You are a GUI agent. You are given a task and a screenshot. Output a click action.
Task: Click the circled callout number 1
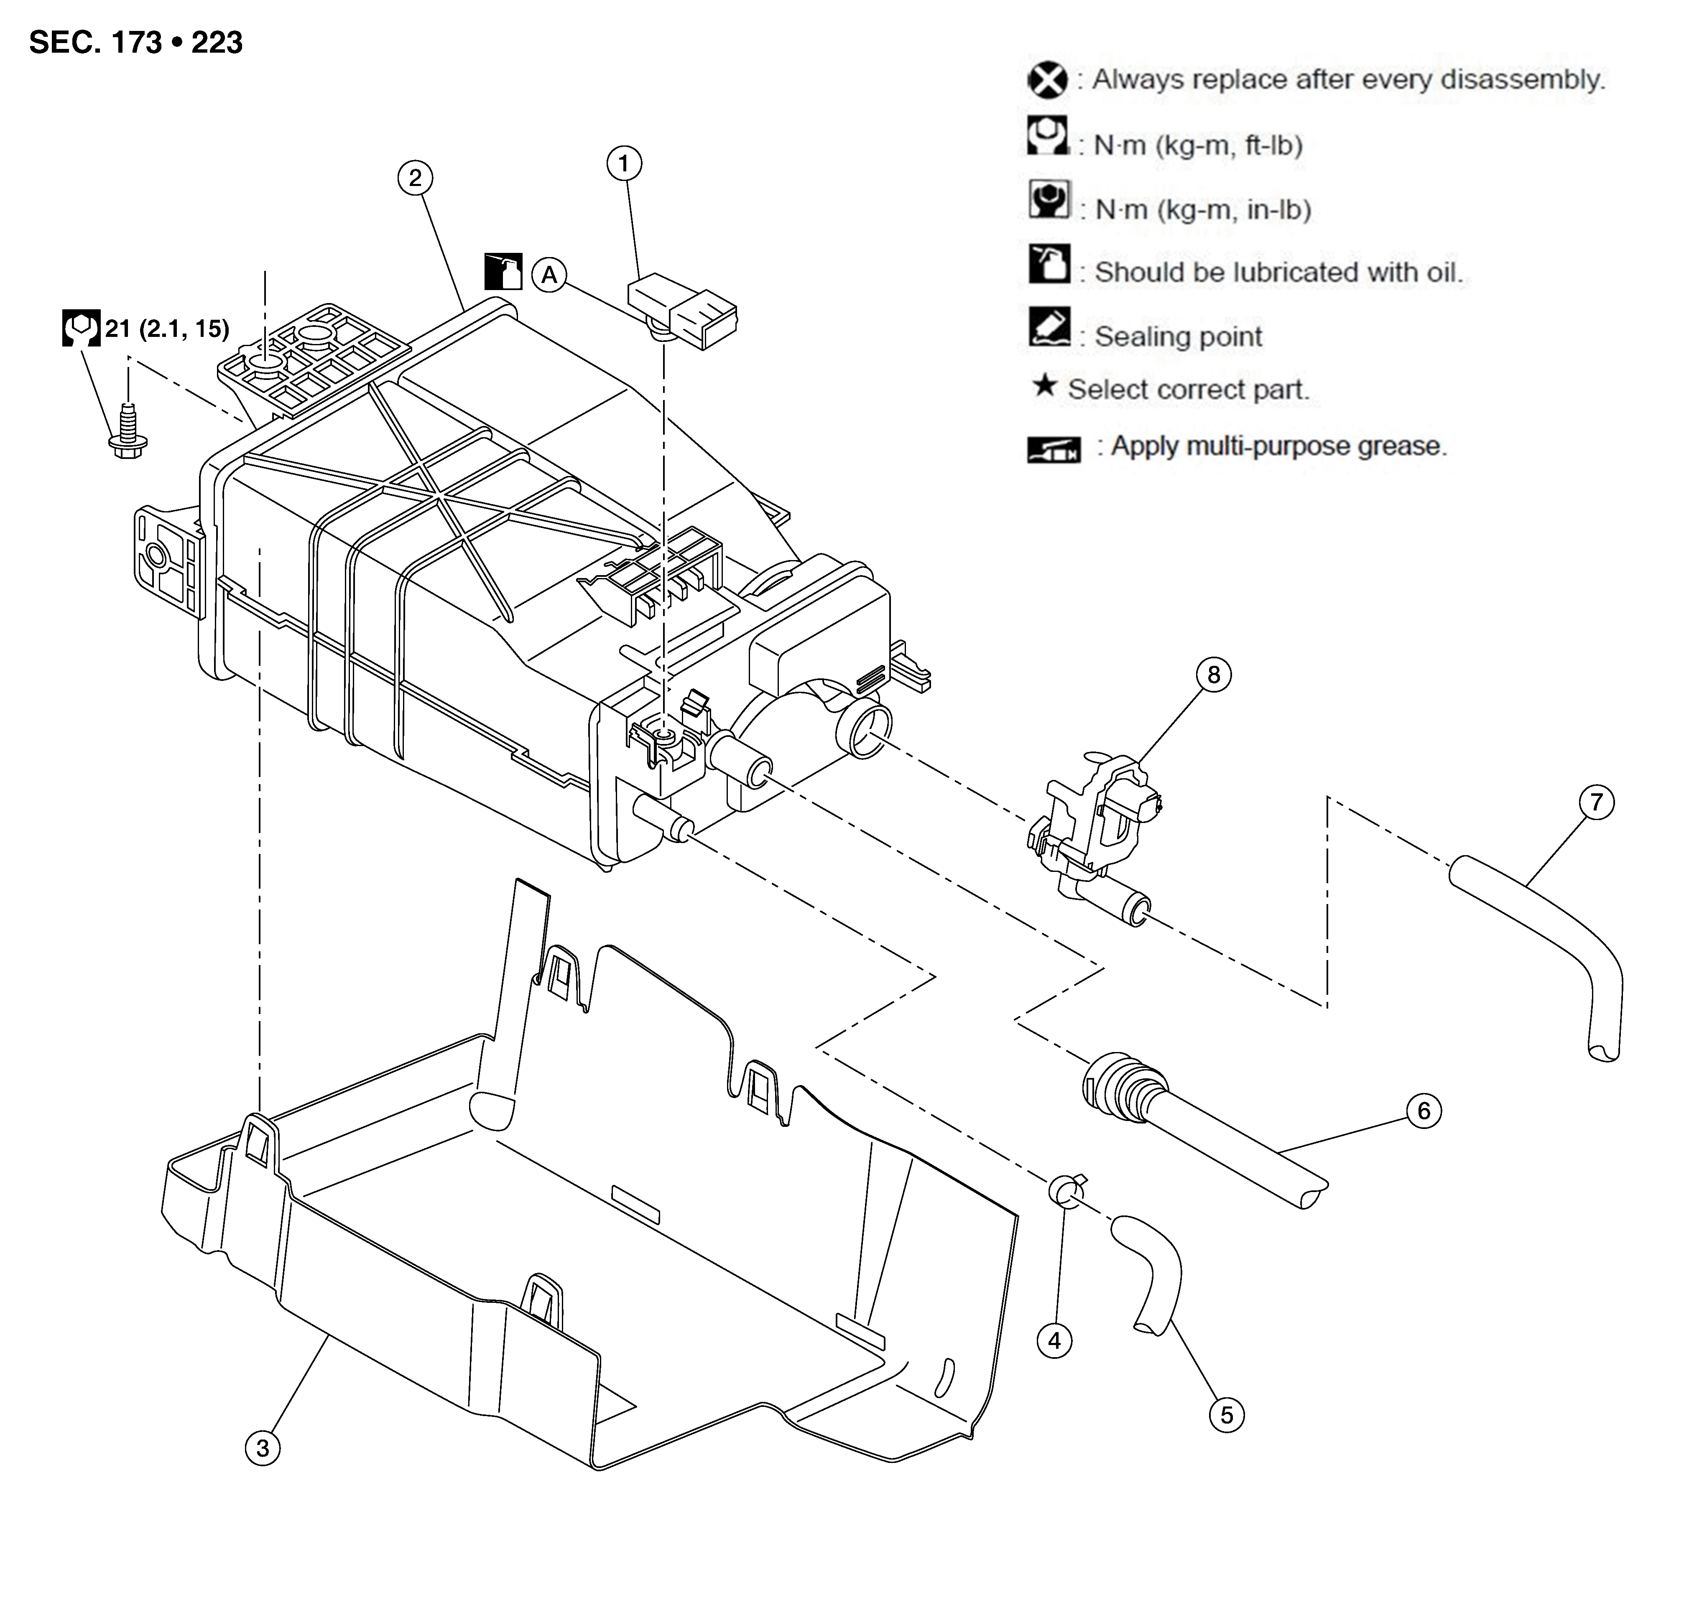click(x=624, y=164)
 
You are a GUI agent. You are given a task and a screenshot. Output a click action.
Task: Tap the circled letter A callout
click(x=549, y=275)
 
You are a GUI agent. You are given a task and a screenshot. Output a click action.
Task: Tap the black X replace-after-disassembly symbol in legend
click(x=1048, y=80)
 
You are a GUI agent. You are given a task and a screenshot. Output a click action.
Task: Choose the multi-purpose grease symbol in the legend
click(x=1054, y=448)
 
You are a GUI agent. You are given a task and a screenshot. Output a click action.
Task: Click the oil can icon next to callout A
click(x=503, y=271)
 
